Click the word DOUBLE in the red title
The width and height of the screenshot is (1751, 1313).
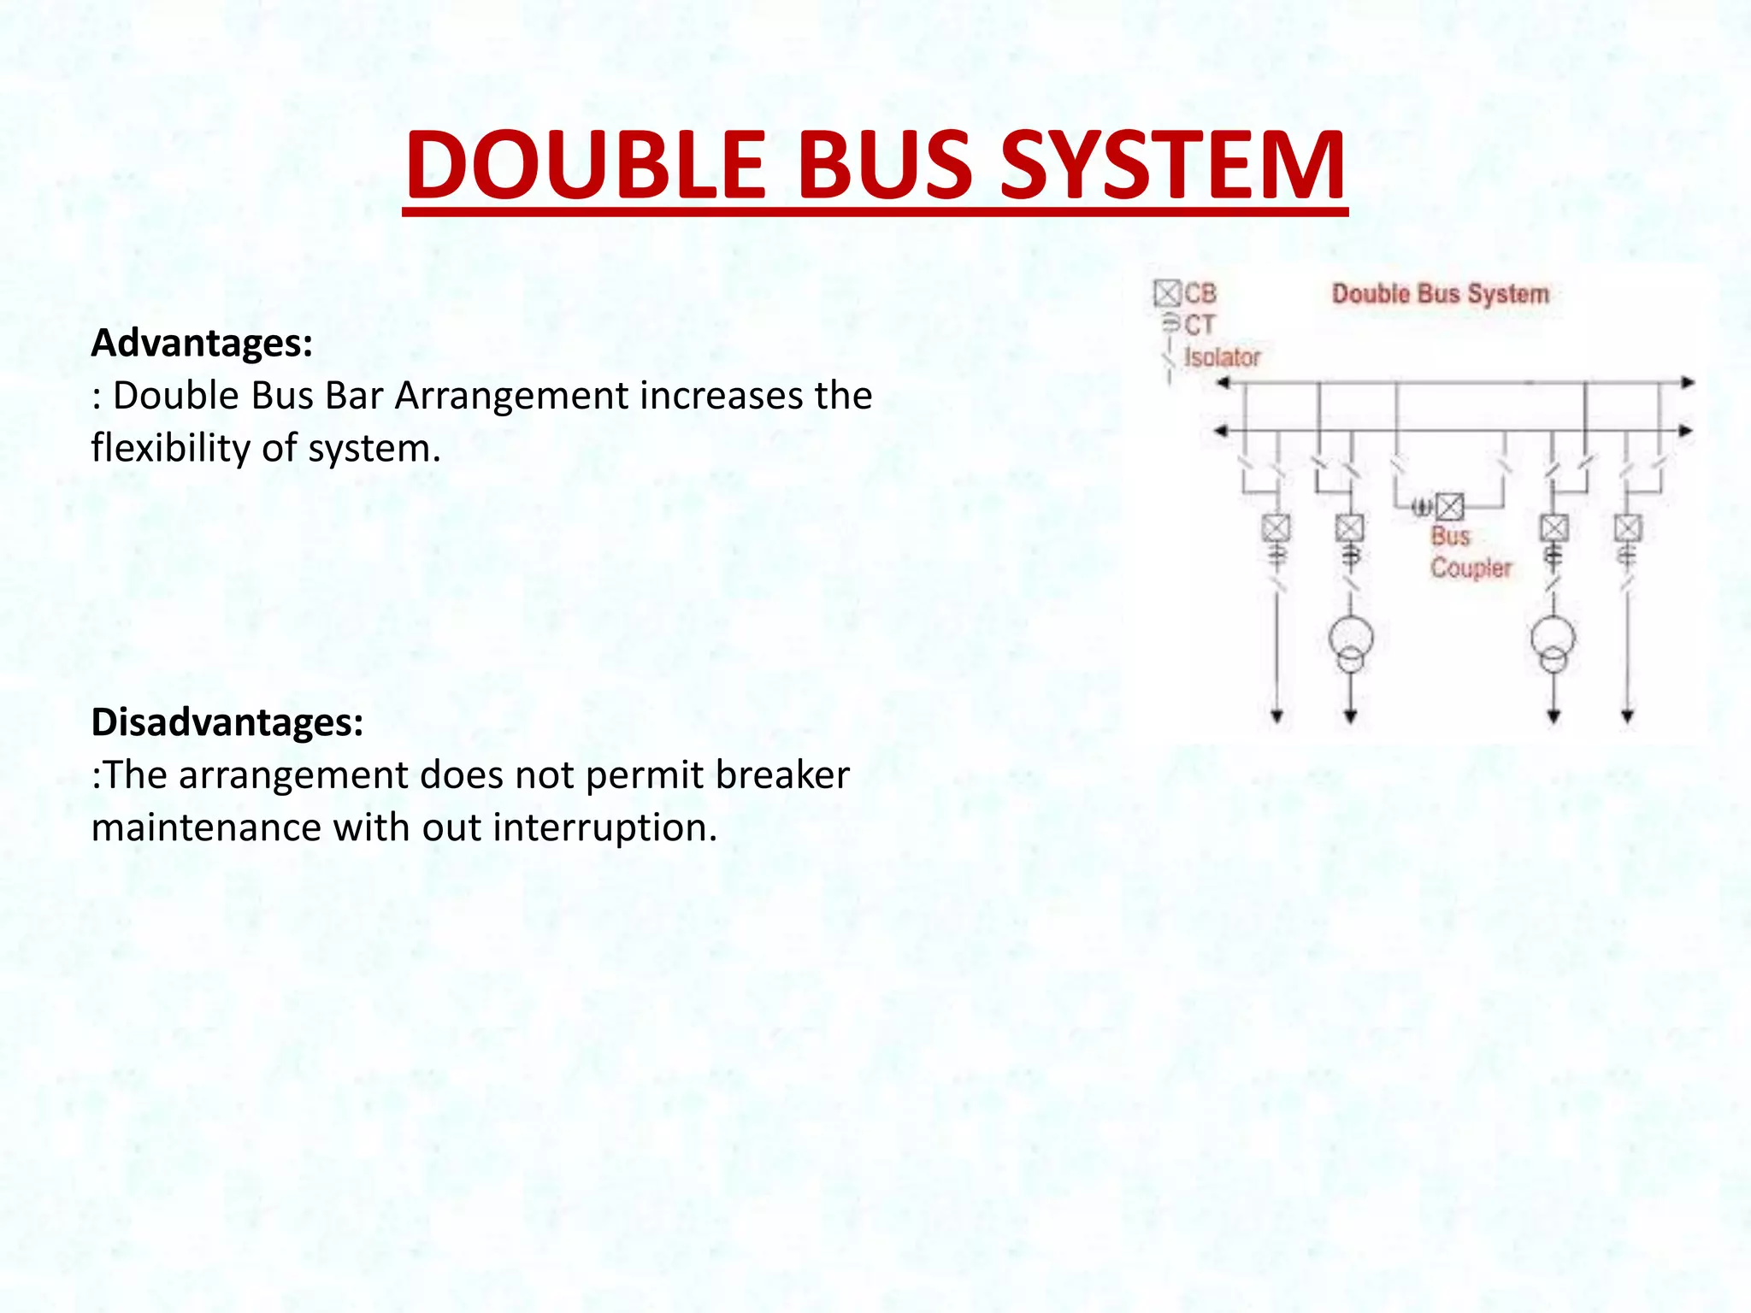coord(586,165)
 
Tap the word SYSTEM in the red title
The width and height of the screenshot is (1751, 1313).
coord(1172,165)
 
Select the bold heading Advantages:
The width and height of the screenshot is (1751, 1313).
coord(202,343)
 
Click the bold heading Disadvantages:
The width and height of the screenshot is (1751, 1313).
coord(227,722)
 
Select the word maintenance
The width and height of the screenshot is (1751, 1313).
coord(206,827)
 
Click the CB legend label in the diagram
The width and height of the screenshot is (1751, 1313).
coord(1200,294)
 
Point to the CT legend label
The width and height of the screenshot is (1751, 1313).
coord(1199,325)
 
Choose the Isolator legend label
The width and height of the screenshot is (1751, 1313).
coord(1222,357)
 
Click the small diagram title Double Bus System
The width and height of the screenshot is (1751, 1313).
coord(1440,294)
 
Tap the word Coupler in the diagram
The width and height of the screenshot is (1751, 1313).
coord(1471,568)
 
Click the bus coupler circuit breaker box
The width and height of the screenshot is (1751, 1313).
coord(1449,508)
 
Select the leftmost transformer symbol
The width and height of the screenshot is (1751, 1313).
coord(1351,643)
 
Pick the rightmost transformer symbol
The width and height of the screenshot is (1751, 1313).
coord(1553,643)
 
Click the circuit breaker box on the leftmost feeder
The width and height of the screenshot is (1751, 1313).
coord(1276,527)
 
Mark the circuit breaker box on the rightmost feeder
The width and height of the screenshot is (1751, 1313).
coord(1628,527)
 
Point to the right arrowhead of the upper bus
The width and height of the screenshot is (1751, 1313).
coord(1687,383)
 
